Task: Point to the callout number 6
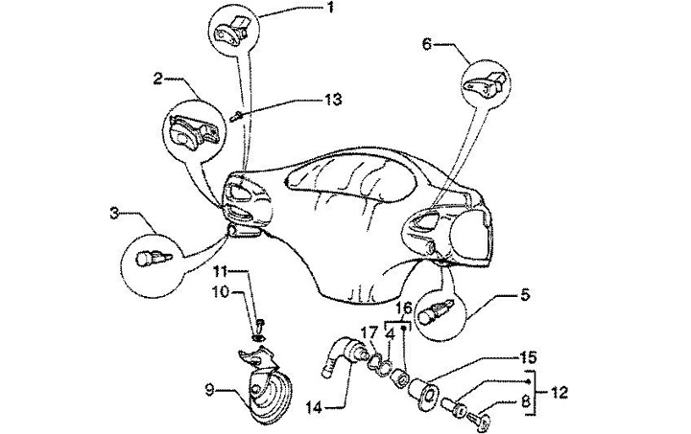tap(426, 43)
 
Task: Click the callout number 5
tap(525, 295)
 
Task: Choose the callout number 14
tap(313, 405)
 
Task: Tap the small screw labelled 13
tap(235, 116)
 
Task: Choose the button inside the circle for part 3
tap(151, 259)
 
